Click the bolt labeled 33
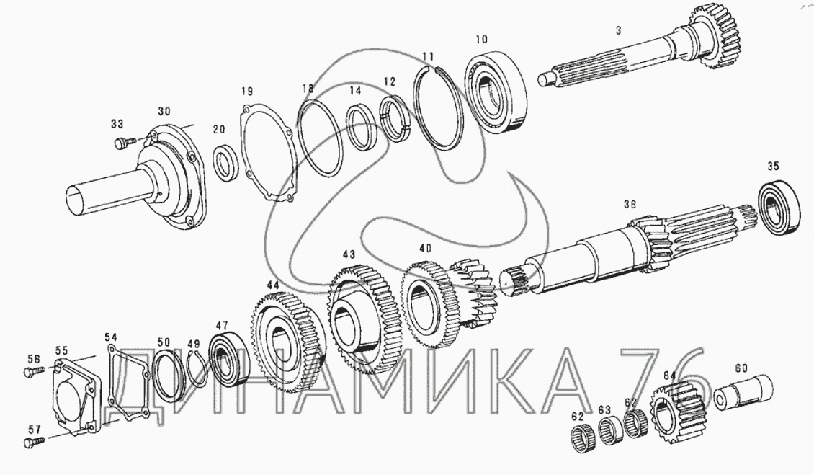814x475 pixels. point(124,142)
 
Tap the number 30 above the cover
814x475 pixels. point(164,111)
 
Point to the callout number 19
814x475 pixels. point(247,92)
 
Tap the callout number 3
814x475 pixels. point(618,31)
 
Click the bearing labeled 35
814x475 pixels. point(778,206)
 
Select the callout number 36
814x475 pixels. point(630,205)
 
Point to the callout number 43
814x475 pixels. point(349,254)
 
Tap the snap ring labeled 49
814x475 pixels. point(198,370)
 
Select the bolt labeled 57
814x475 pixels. point(35,443)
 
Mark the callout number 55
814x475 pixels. point(62,351)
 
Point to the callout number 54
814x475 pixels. point(111,337)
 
